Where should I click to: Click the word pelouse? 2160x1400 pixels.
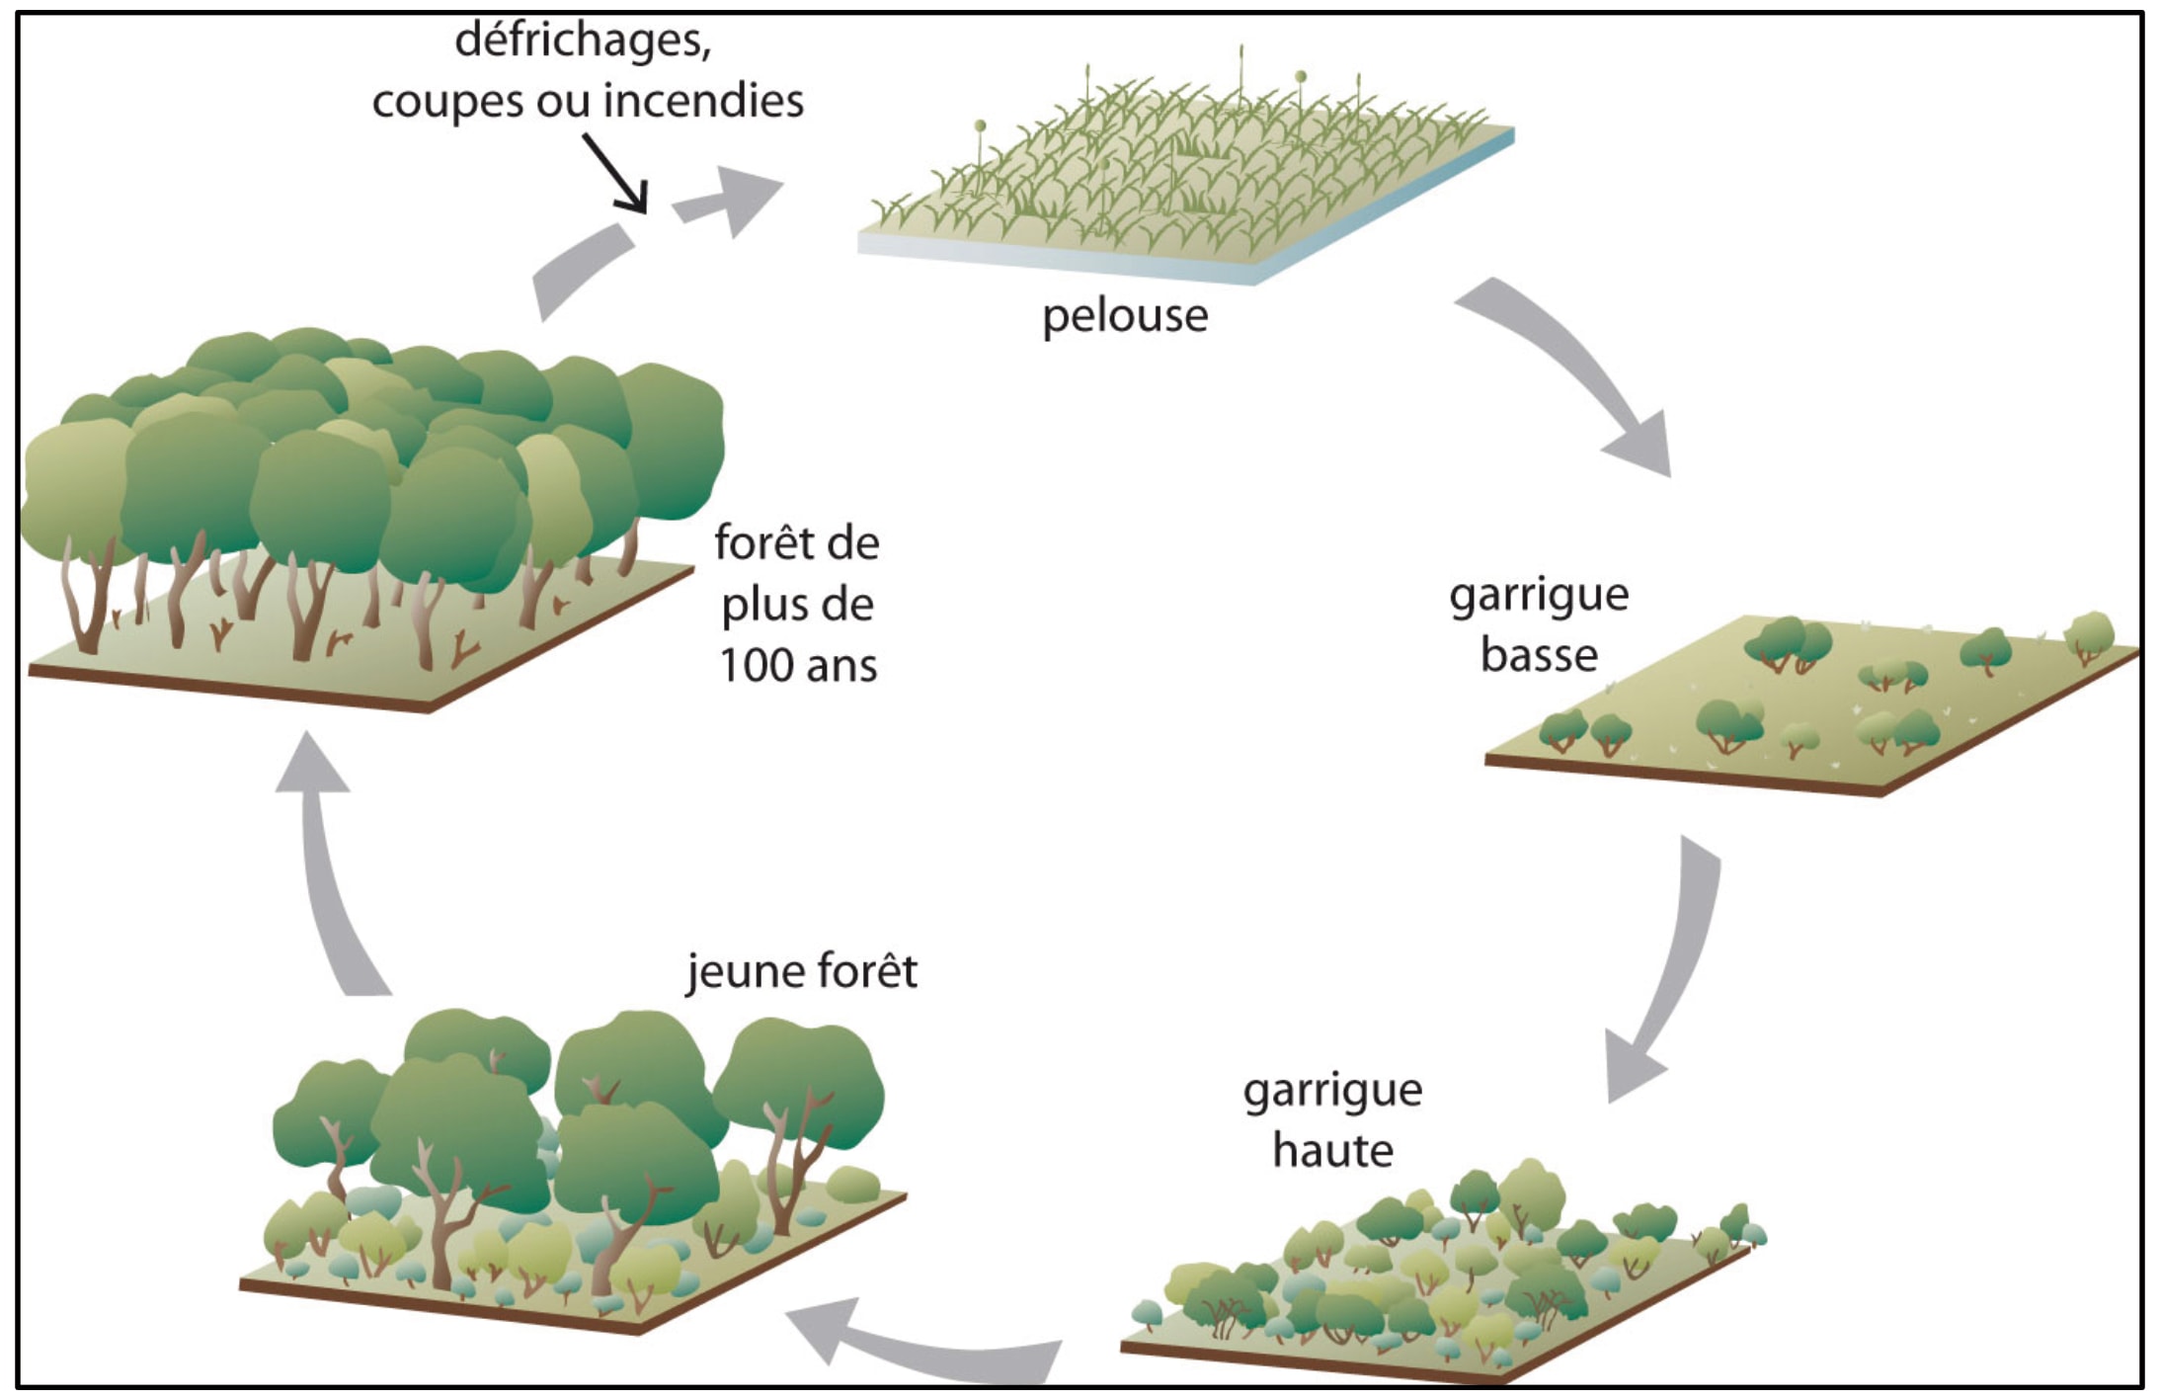(1124, 316)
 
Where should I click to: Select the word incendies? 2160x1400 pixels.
(703, 101)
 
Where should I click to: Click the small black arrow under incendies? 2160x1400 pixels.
(616, 174)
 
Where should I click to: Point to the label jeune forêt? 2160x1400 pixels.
(802, 970)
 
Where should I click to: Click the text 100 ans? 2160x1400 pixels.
(798, 666)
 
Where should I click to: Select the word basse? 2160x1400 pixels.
(1539, 655)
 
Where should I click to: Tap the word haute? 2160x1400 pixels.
(1332, 1151)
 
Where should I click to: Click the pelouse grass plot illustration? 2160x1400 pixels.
(1185, 178)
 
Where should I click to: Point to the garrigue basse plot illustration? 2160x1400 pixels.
(1807, 701)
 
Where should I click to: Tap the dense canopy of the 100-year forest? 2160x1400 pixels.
(375, 445)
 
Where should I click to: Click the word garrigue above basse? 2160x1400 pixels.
(1539, 596)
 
